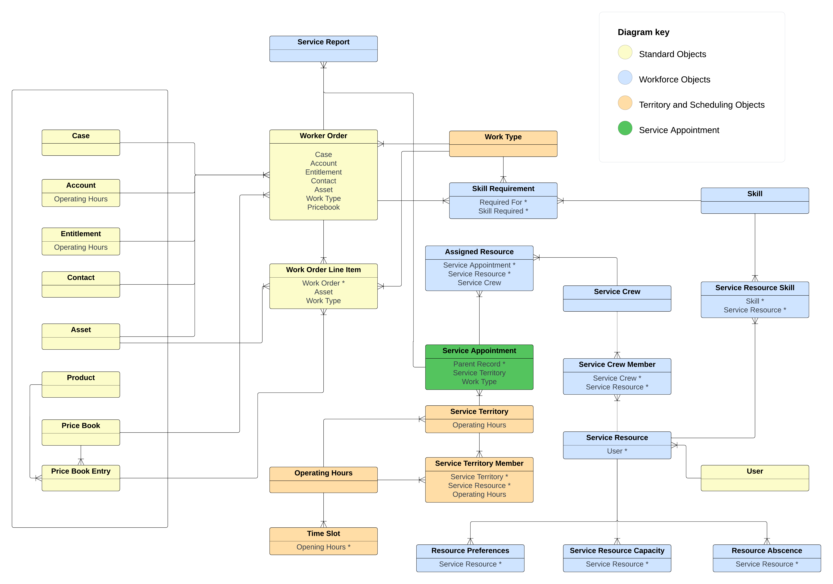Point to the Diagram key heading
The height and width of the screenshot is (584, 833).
tap(643, 32)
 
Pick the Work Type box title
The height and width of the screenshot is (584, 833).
tap(503, 137)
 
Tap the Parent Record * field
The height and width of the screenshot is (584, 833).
tap(479, 364)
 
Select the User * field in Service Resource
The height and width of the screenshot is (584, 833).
tap(617, 451)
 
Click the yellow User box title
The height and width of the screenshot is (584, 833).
tap(755, 471)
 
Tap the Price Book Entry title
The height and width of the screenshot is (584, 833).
tap(81, 471)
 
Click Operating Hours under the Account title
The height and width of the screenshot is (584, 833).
tap(81, 199)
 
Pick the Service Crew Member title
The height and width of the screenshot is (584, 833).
tap(617, 364)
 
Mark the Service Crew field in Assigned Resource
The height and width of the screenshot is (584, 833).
tap(479, 283)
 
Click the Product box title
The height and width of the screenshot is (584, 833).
tap(81, 377)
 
